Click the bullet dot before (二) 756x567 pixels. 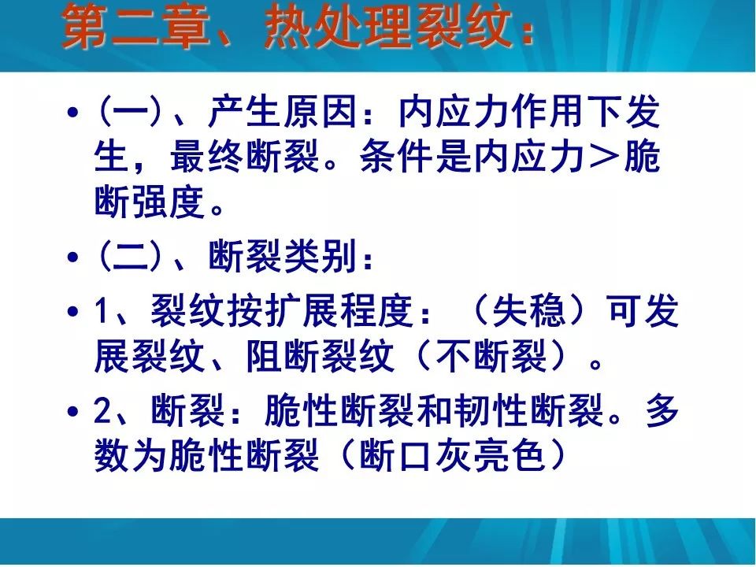click(72, 257)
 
